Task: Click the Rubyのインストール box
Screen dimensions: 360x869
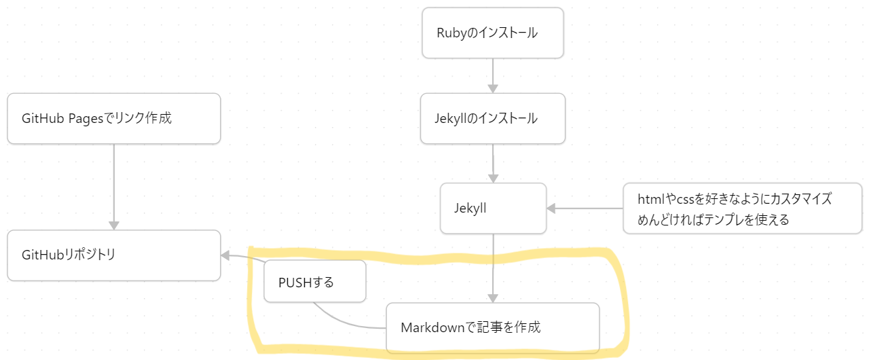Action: (492, 33)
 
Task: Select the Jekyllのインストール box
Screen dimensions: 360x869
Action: (492, 118)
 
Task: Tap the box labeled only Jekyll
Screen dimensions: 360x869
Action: (493, 209)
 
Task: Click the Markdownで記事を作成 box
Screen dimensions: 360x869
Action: (492, 327)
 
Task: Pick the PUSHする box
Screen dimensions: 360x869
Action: (314, 282)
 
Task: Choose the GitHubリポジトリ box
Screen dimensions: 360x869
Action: (113, 255)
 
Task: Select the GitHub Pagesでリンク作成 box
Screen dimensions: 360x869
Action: (113, 118)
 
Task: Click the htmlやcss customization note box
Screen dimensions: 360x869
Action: (743, 209)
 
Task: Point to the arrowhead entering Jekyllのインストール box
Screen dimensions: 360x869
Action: (493, 88)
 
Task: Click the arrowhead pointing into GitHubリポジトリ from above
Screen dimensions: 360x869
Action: (113, 225)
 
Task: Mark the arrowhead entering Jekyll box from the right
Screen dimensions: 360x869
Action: (551, 209)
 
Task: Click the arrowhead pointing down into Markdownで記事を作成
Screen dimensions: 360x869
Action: (493, 298)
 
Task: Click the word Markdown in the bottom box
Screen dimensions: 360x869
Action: (431, 327)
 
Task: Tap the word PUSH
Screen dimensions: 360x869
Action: (294, 282)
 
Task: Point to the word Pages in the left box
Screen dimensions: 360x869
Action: (88, 118)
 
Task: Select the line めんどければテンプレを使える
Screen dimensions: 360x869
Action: (713, 219)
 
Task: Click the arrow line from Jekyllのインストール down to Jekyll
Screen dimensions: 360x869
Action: (493, 163)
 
